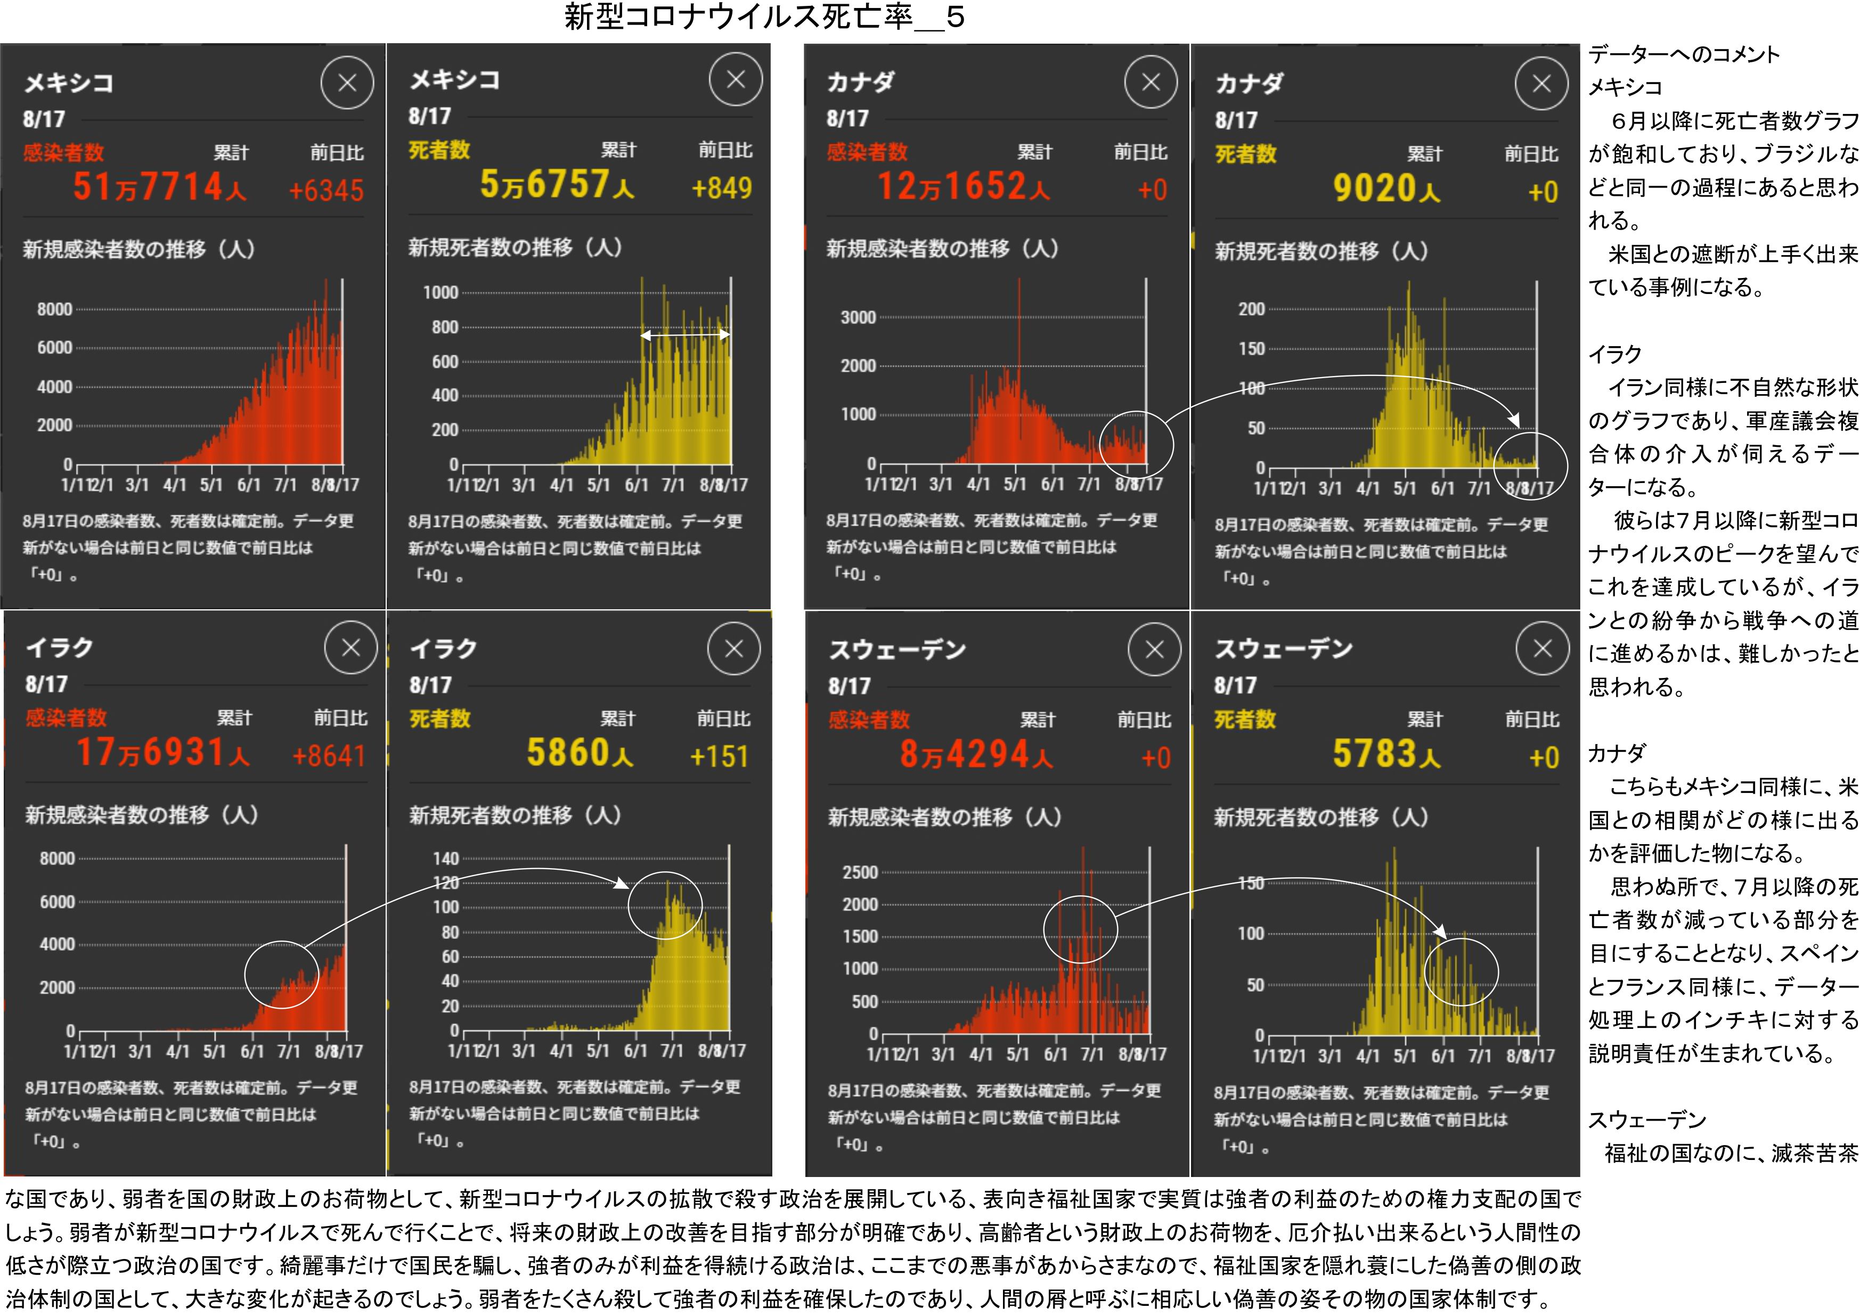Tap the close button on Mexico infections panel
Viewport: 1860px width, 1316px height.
pyautogui.click(x=347, y=83)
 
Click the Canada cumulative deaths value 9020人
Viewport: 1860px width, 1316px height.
pyautogui.click(x=1386, y=190)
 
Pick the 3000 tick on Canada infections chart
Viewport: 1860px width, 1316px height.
pyautogui.click(x=858, y=317)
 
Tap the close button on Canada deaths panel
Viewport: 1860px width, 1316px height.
pyautogui.click(x=1541, y=84)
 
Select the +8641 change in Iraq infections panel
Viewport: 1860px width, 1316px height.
pyautogui.click(x=328, y=756)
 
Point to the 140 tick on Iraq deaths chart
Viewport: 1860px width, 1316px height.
pyautogui.click(x=446, y=858)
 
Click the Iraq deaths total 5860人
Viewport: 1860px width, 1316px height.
pyautogui.click(x=580, y=753)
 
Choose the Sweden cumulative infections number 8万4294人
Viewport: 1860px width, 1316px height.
pyautogui.click(x=976, y=755)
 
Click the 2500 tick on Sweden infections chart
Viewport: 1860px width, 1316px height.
pyautogui.click(x=860, y=873)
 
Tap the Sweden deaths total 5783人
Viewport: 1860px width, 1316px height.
pyautogui.click(x=1386, y=755)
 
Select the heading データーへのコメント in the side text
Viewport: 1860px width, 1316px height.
pyautogui.click(x=1683, y=54)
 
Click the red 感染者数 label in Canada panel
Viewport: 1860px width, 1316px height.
pyautogui.click(x=867, y=152)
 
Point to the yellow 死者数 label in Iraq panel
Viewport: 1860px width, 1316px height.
pyautogui.click(x=439, y=719)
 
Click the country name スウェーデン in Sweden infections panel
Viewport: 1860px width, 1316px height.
pyautogui.click(x=896, y=650)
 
